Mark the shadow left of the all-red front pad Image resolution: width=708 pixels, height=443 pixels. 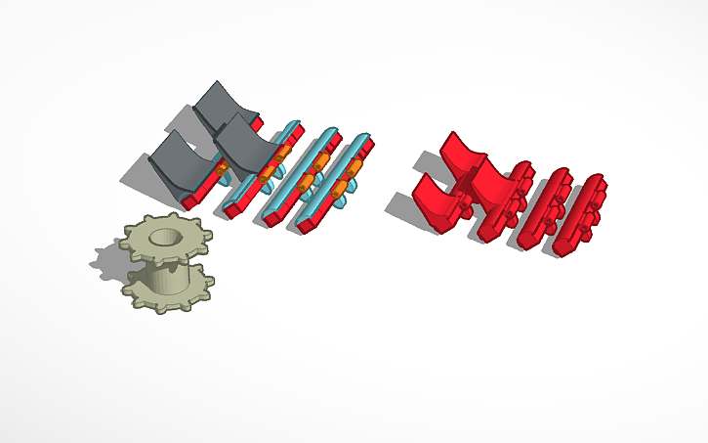(x=401, y=207)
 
